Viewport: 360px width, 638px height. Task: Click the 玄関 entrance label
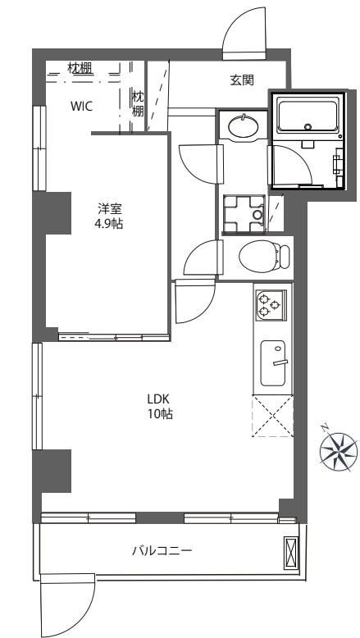coord(242,80)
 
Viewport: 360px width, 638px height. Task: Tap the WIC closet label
coord(82,107)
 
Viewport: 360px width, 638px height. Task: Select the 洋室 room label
coord(110,209)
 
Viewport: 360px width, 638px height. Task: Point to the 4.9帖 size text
coord(110,223)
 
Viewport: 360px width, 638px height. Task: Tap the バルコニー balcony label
coord(162,551)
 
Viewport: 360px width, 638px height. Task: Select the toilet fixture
coord(264,256)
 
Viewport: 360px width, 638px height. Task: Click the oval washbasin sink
coord(244,126)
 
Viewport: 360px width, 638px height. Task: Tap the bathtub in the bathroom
coord(308,115)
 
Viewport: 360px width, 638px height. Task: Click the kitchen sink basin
coord(273,363)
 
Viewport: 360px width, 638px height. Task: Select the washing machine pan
coord(244,214)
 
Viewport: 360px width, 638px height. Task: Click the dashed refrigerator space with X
coord(272,416)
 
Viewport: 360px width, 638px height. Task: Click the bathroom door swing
coord(292,166)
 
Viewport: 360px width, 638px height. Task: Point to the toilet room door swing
coord(203,258)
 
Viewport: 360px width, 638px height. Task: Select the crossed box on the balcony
coord(291,553)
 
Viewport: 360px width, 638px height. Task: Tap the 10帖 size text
coord(160,414)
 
